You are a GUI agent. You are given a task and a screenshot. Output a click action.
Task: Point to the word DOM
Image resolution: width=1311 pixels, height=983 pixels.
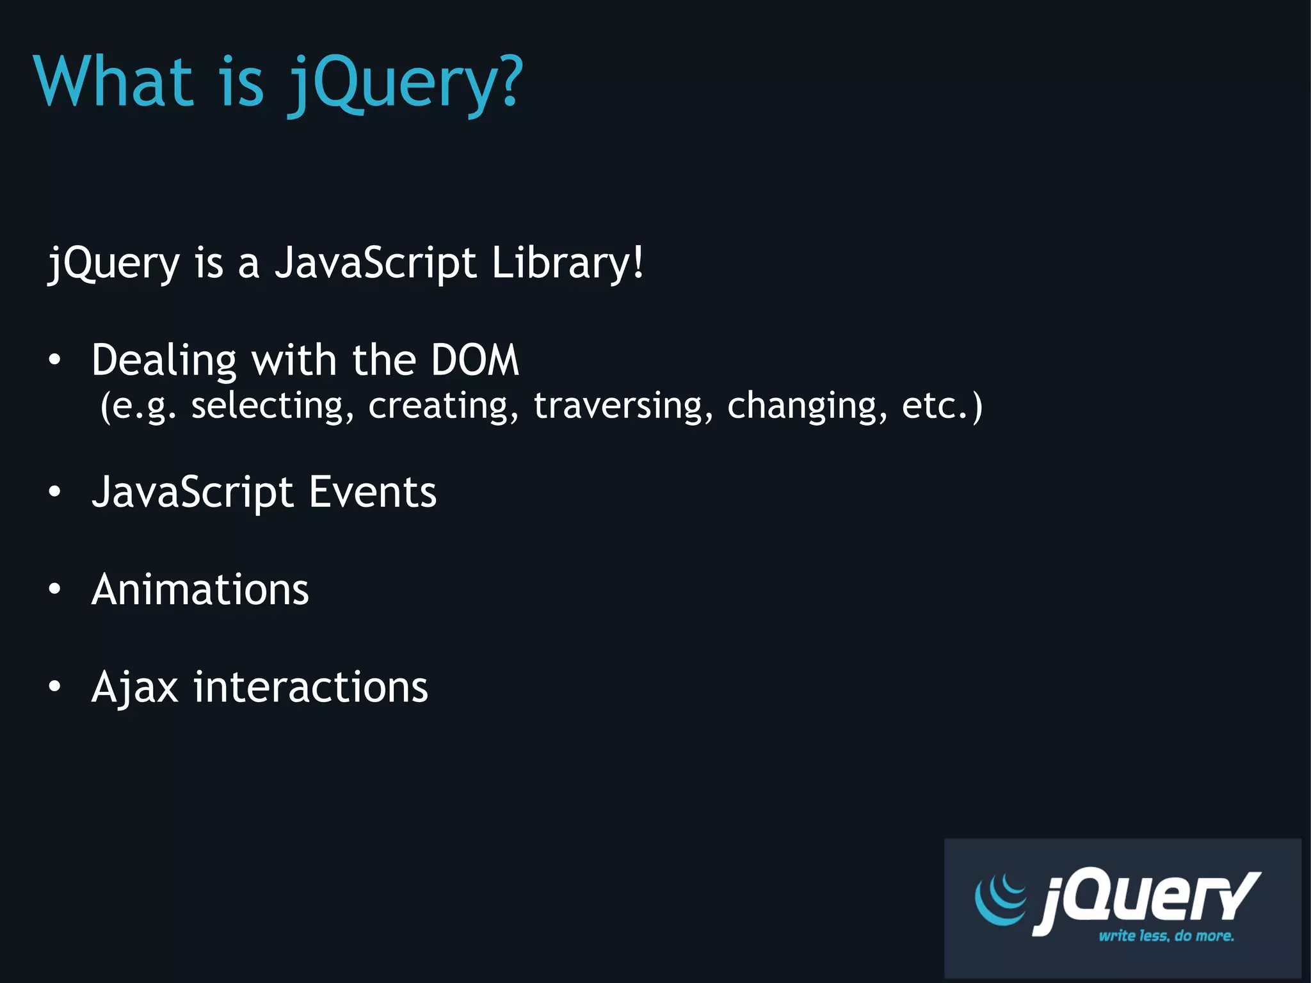[x=474, y=360]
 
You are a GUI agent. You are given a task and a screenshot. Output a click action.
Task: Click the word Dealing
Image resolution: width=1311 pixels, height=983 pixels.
[x=164, y=360]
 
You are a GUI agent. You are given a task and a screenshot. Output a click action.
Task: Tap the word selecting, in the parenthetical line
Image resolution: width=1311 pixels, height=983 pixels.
[x=272, y=406]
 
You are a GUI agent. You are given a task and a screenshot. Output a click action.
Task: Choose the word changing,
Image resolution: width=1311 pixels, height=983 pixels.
[x=807, y=406]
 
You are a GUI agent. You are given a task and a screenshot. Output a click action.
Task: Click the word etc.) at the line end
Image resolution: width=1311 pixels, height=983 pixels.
[x=942, y=406]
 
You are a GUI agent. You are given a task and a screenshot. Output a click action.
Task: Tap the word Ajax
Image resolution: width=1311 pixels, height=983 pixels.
[x=134, y=687]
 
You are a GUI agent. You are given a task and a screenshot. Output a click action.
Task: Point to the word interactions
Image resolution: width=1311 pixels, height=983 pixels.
[x=310, y=687]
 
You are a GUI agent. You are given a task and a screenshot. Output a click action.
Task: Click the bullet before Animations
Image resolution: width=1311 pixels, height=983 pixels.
[x=55, y=589]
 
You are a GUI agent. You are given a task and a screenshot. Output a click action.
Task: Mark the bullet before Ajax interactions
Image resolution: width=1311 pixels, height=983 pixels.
[x=55, y=687]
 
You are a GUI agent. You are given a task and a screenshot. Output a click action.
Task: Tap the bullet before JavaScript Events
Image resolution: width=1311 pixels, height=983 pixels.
[x=55, y=491]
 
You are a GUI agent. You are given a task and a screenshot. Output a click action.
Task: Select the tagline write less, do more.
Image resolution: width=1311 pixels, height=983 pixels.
[x=1166, y=936]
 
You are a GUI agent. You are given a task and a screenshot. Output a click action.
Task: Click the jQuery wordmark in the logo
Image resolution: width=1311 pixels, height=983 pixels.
[x=1146, y=900]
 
